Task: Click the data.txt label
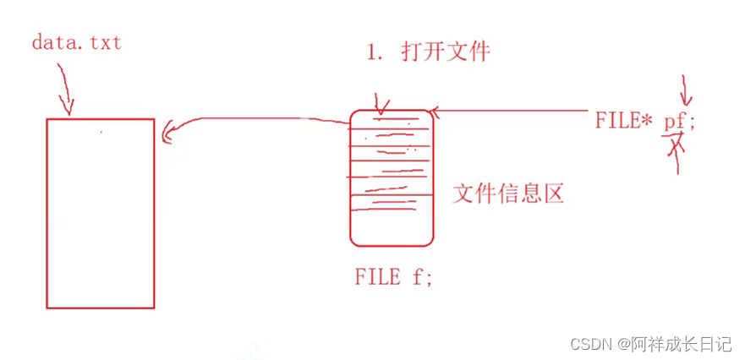click(x=76, y=41)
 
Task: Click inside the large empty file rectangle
click(x=101, y=213)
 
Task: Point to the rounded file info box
click(x=392, y=177)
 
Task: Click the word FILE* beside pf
click(x=623, y=121)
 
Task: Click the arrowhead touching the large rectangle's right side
click(x=166, y=131)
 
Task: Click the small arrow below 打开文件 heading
click(x=380, y=106)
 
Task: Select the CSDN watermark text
click(x=592, y=344)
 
